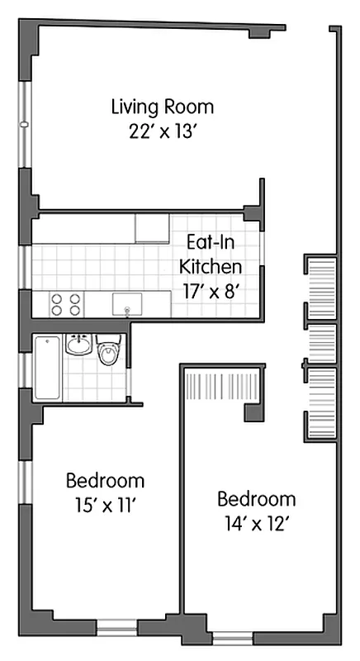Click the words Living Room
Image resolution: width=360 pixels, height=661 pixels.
click(x=163, y=107)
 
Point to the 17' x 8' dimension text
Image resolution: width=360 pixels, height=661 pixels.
click(x=211, y=290)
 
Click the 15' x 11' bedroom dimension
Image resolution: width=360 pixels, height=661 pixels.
click(x=105, y=504)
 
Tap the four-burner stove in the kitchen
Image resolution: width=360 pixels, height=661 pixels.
click(x=66, y=305)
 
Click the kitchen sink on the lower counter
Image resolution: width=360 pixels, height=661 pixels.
click(x=127, y=305)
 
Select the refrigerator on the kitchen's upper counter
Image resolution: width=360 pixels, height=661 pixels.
click(x=152, y=228)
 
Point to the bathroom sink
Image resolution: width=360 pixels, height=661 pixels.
click(x=78, y=345)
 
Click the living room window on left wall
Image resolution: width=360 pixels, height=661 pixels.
click(x=25, y=124)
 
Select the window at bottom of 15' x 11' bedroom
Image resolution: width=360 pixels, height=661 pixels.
click(x=116, y=628)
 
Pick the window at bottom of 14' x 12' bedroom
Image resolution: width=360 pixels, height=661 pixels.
click(x=233, y=638)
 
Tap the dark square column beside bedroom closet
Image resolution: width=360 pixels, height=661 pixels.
click(x=253, y=414)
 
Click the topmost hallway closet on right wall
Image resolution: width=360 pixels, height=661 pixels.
click(x=321, y=287)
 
